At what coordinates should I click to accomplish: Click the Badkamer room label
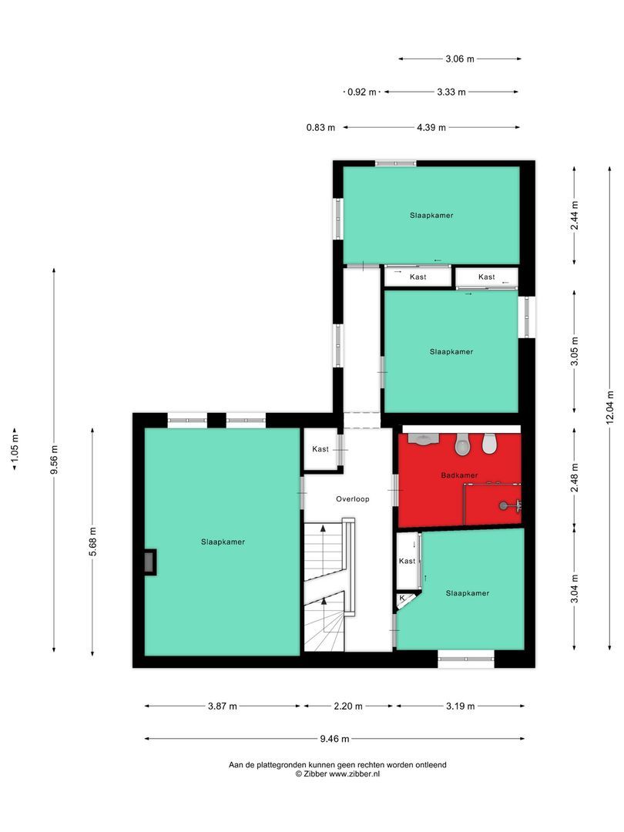(459, 475)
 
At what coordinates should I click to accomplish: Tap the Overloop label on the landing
(352, 499)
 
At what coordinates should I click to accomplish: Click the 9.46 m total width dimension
(334, 739)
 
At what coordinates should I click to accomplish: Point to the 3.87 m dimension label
(223, 706)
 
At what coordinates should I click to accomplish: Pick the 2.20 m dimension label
(348, 706)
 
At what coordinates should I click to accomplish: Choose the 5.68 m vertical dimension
(92, 542)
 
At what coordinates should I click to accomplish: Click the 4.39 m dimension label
(431, 128)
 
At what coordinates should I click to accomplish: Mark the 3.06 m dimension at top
(460, 59)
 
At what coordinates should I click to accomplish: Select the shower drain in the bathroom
(504, 506)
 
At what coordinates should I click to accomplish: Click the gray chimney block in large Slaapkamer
(149, 562)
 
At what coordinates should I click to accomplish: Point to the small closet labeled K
(402, 598)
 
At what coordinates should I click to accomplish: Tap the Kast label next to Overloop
(320, 449)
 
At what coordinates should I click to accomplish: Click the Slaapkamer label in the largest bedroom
(223, 542)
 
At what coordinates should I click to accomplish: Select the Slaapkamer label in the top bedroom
(431, 216)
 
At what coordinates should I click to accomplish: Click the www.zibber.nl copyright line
(337, 773)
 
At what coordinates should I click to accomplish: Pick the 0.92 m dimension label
(361, 92)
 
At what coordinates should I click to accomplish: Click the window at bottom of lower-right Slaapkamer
(465, 656)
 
